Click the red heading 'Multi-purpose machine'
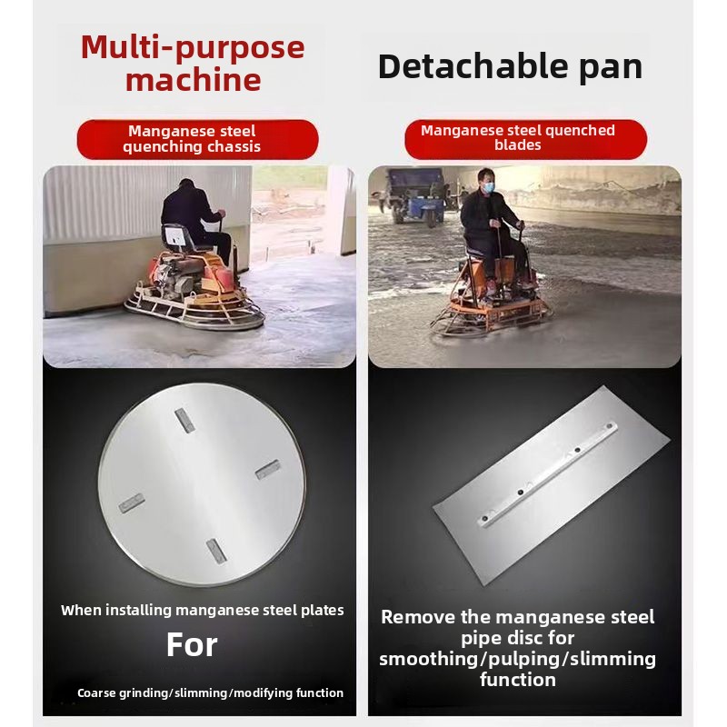193,63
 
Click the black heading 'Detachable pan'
510,67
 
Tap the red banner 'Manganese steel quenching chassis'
197,139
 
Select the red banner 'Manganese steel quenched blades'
525,139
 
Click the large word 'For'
192,644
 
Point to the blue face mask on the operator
487,187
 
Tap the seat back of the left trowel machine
176,236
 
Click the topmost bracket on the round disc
184,421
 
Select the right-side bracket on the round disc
268,469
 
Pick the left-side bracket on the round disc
132,503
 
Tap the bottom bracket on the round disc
216,551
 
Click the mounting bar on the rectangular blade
548,473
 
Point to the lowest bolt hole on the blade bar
485,518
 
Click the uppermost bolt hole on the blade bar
609,426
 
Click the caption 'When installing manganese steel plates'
202,610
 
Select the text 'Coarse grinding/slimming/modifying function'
211,692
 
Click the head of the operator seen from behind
186,185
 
